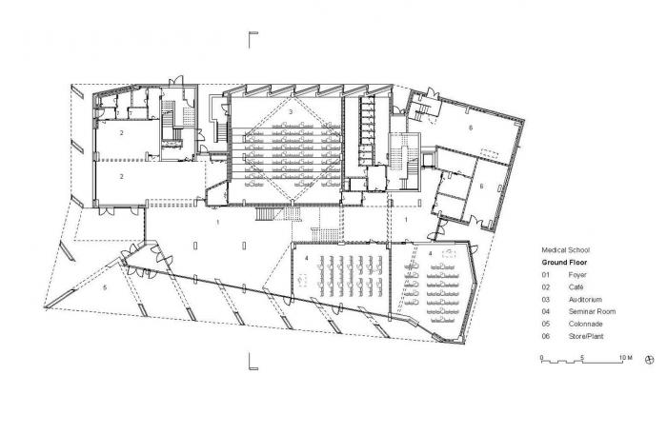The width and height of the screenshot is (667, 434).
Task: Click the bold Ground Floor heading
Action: point(566,261)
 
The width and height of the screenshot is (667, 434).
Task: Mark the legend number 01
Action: point(547,274)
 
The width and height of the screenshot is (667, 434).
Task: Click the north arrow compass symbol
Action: point(649,360)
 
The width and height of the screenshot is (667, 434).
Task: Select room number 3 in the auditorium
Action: point(291,112)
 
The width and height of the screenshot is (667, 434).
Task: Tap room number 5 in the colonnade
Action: point(106,286)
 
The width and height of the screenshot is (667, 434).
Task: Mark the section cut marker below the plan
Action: point(253,360)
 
